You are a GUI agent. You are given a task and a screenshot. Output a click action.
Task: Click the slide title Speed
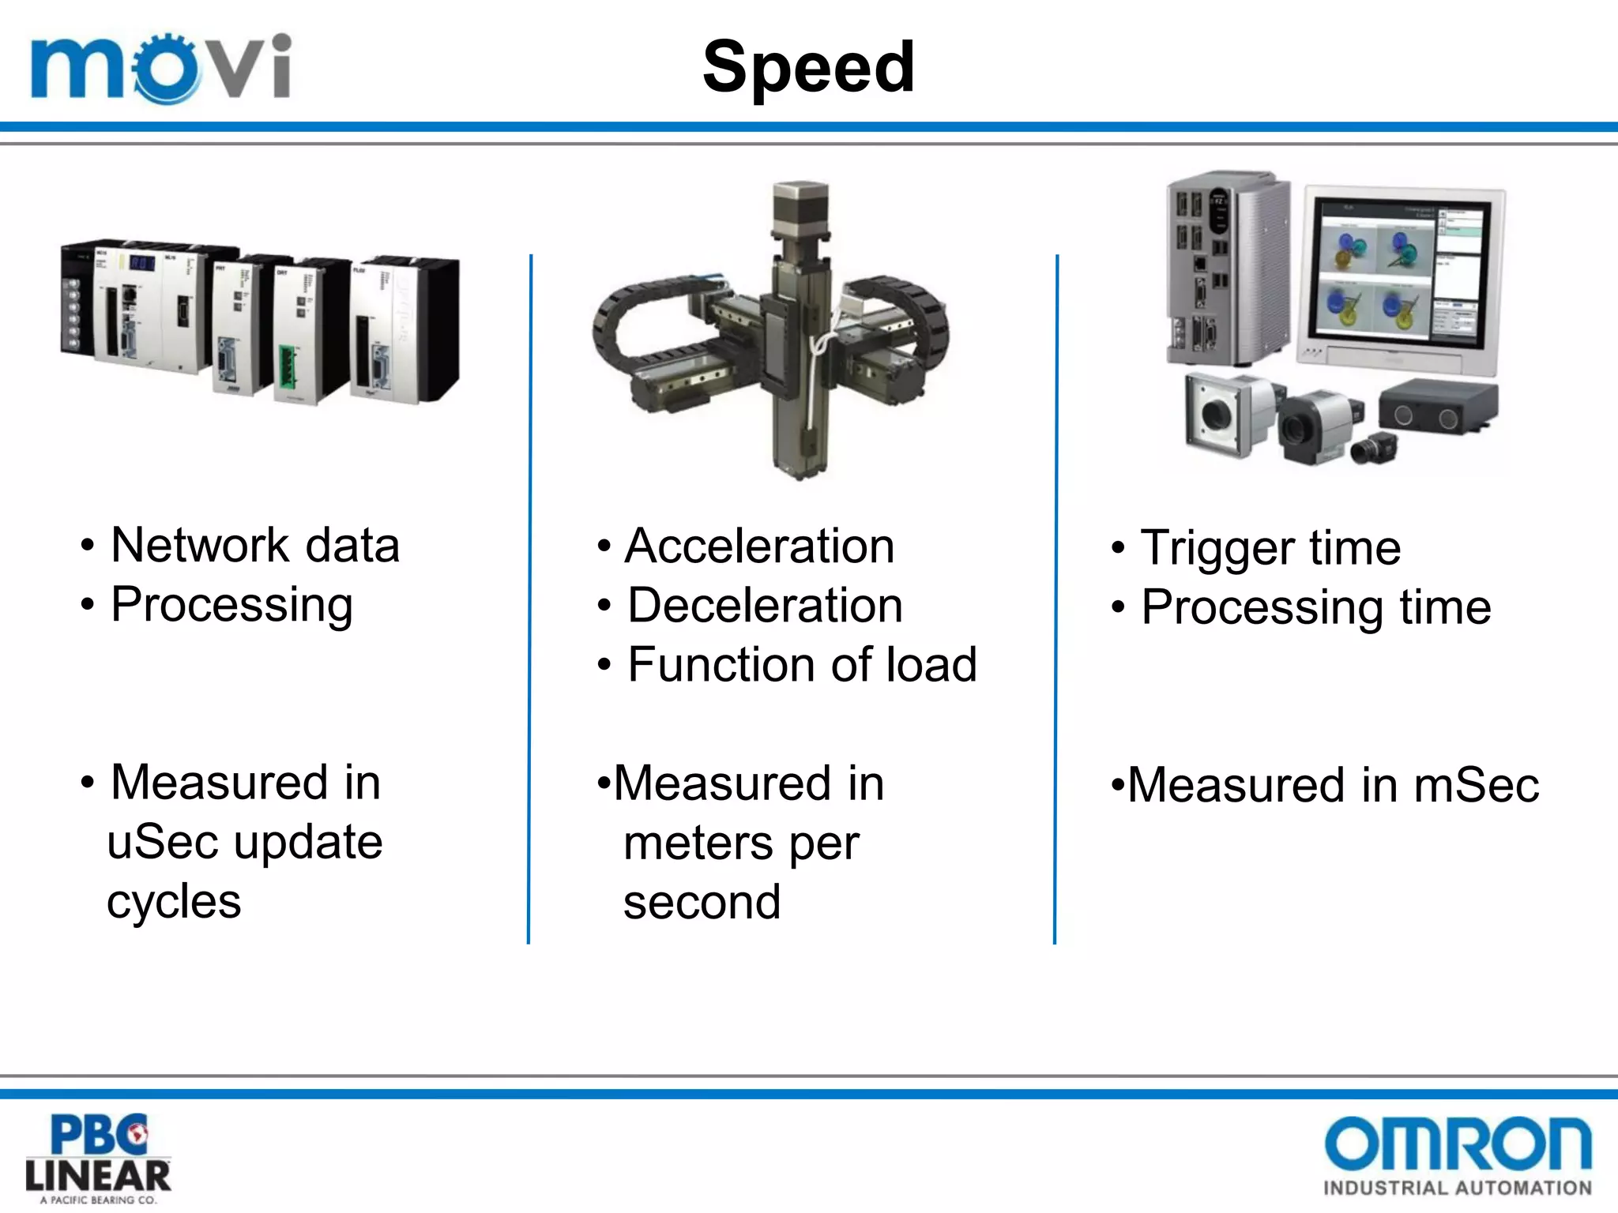pos(808,68)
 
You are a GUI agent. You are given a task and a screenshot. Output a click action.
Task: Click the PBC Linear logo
pos(98,1158)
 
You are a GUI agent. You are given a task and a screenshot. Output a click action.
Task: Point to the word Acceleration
pos(759,546)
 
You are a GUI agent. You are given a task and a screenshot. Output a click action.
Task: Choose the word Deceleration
pos(765,606)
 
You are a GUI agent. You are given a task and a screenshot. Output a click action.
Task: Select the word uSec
pos(162,842)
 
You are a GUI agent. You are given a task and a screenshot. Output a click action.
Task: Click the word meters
pos(697,843)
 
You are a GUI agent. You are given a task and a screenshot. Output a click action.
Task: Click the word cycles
pos(174,902)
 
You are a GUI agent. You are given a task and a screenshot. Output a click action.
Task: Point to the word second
pos(702,903)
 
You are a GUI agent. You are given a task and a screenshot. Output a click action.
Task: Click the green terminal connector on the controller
pos(287,367)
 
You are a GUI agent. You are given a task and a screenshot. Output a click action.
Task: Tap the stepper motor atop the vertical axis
pos(800,208)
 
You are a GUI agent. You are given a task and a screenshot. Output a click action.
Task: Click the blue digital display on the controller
pos(142,263)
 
